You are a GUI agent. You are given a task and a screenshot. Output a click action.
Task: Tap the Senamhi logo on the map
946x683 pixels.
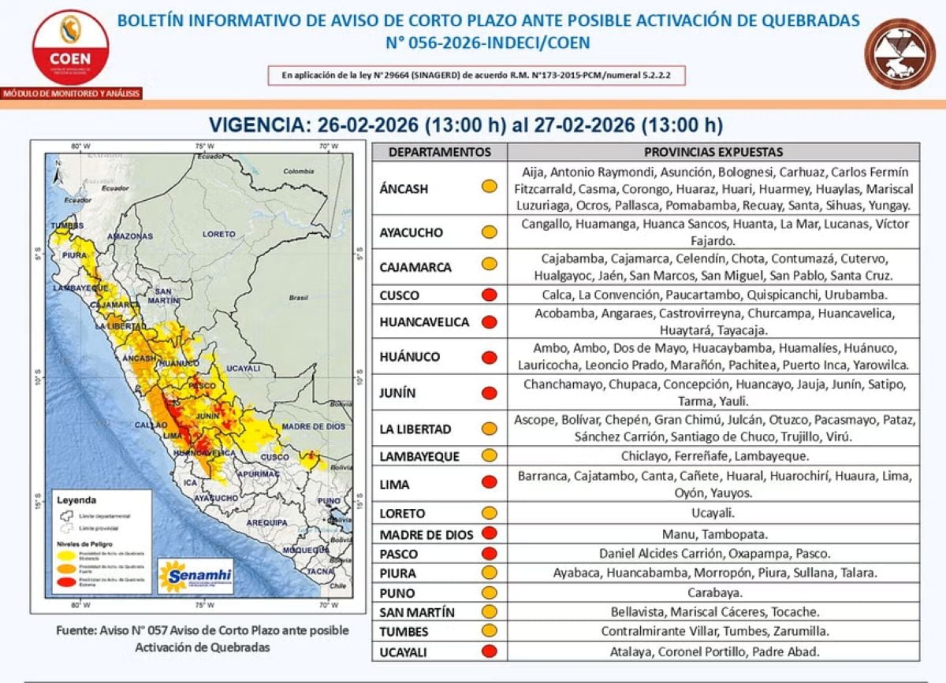(x=195, y=576)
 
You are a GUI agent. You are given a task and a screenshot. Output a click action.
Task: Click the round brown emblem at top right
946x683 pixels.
(x=899, y=54)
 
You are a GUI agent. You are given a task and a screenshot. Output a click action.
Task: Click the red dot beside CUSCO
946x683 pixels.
(x=490, y=296)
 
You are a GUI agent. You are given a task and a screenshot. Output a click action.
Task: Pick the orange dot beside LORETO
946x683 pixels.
(x=490, y=513)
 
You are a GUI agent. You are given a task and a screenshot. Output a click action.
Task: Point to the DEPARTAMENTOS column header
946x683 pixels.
(x=439, y=152)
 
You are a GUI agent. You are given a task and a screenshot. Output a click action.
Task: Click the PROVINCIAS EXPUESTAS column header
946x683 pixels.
(x=713, y=152)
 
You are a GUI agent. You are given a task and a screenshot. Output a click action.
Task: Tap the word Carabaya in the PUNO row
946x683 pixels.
(x=715, y=592)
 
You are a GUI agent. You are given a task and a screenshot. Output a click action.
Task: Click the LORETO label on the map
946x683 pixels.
(x=218, y=234)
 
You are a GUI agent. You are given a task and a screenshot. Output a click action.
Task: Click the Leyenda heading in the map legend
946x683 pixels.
(x=76, y=499)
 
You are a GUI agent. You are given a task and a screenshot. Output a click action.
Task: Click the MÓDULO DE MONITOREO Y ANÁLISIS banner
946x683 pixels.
(x=71, y=94)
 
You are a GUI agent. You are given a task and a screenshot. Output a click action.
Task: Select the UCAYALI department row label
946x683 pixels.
(x=405, y=651)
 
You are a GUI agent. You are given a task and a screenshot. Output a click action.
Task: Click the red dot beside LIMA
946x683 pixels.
(x=490, y=483)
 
